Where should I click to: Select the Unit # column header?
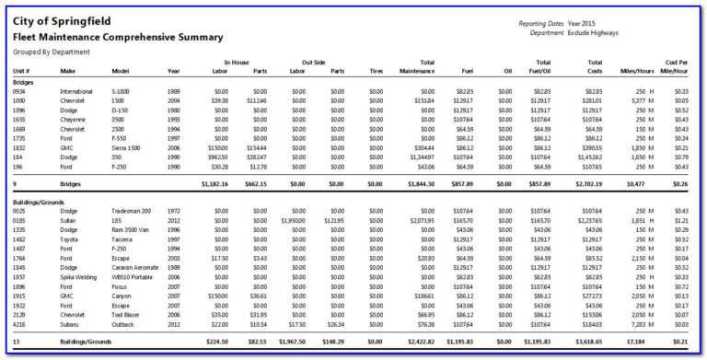pyautogui.click(x=21, y=70)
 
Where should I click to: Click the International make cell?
pyautogui.click(x=76, y=91)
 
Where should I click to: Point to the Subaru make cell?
pyautogui.click(x=71, y=323)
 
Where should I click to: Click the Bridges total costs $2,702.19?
pyautogui.click(x=586, y=183)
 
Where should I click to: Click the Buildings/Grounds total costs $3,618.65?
pyautogui.click(x=586, y=342)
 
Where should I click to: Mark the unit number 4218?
pyautogui.click(x=20, y=323)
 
